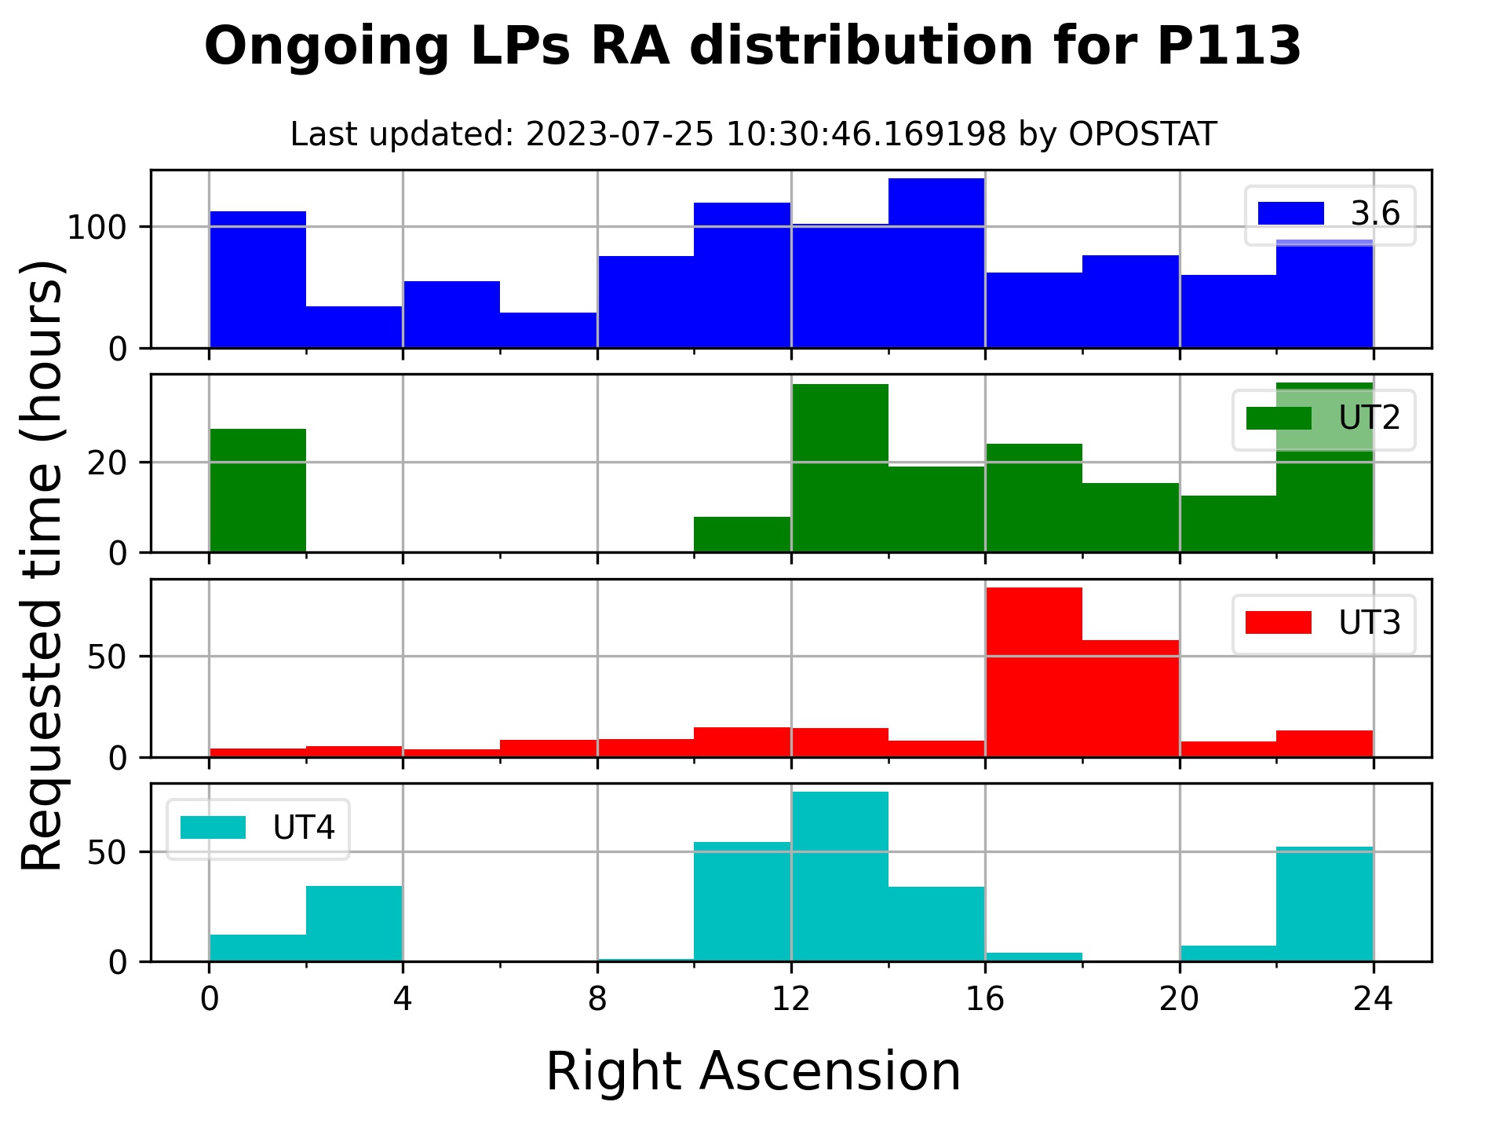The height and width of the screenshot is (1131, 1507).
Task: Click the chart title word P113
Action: click(x=1228, y=46)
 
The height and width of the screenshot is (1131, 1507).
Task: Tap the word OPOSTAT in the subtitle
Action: click(x=1142, y=135)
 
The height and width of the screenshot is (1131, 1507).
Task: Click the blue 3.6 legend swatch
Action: click(x=1290, y=214)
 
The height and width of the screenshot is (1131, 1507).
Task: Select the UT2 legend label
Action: click(x=1369, y=419)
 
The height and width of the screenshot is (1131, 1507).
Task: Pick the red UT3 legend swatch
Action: click(x=1278, y=623)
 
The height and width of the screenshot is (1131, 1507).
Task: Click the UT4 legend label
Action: click(x=303, y=828)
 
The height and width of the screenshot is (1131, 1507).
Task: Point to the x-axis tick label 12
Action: click(x=790, y=999)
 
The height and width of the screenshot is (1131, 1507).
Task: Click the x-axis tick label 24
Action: click(x=1373, y=999)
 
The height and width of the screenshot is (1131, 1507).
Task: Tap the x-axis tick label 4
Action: click(x=403, y=999)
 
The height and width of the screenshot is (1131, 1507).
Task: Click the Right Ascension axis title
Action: click(x=753, y=1071)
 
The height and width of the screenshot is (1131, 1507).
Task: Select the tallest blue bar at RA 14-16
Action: click(x=936, y=263)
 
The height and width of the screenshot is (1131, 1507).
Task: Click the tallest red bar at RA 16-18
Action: click(x=1034, y=672)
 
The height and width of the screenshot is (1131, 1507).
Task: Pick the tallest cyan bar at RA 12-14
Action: click(x=840, y=877)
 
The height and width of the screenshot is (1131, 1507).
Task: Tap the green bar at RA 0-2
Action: click(x=257, y=491)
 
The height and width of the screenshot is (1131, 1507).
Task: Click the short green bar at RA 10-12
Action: click(x=742, y=535)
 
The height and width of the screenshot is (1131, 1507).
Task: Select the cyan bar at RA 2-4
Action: click(x=354, y=924)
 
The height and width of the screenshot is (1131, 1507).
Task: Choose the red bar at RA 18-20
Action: click(x=1130, y=699)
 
